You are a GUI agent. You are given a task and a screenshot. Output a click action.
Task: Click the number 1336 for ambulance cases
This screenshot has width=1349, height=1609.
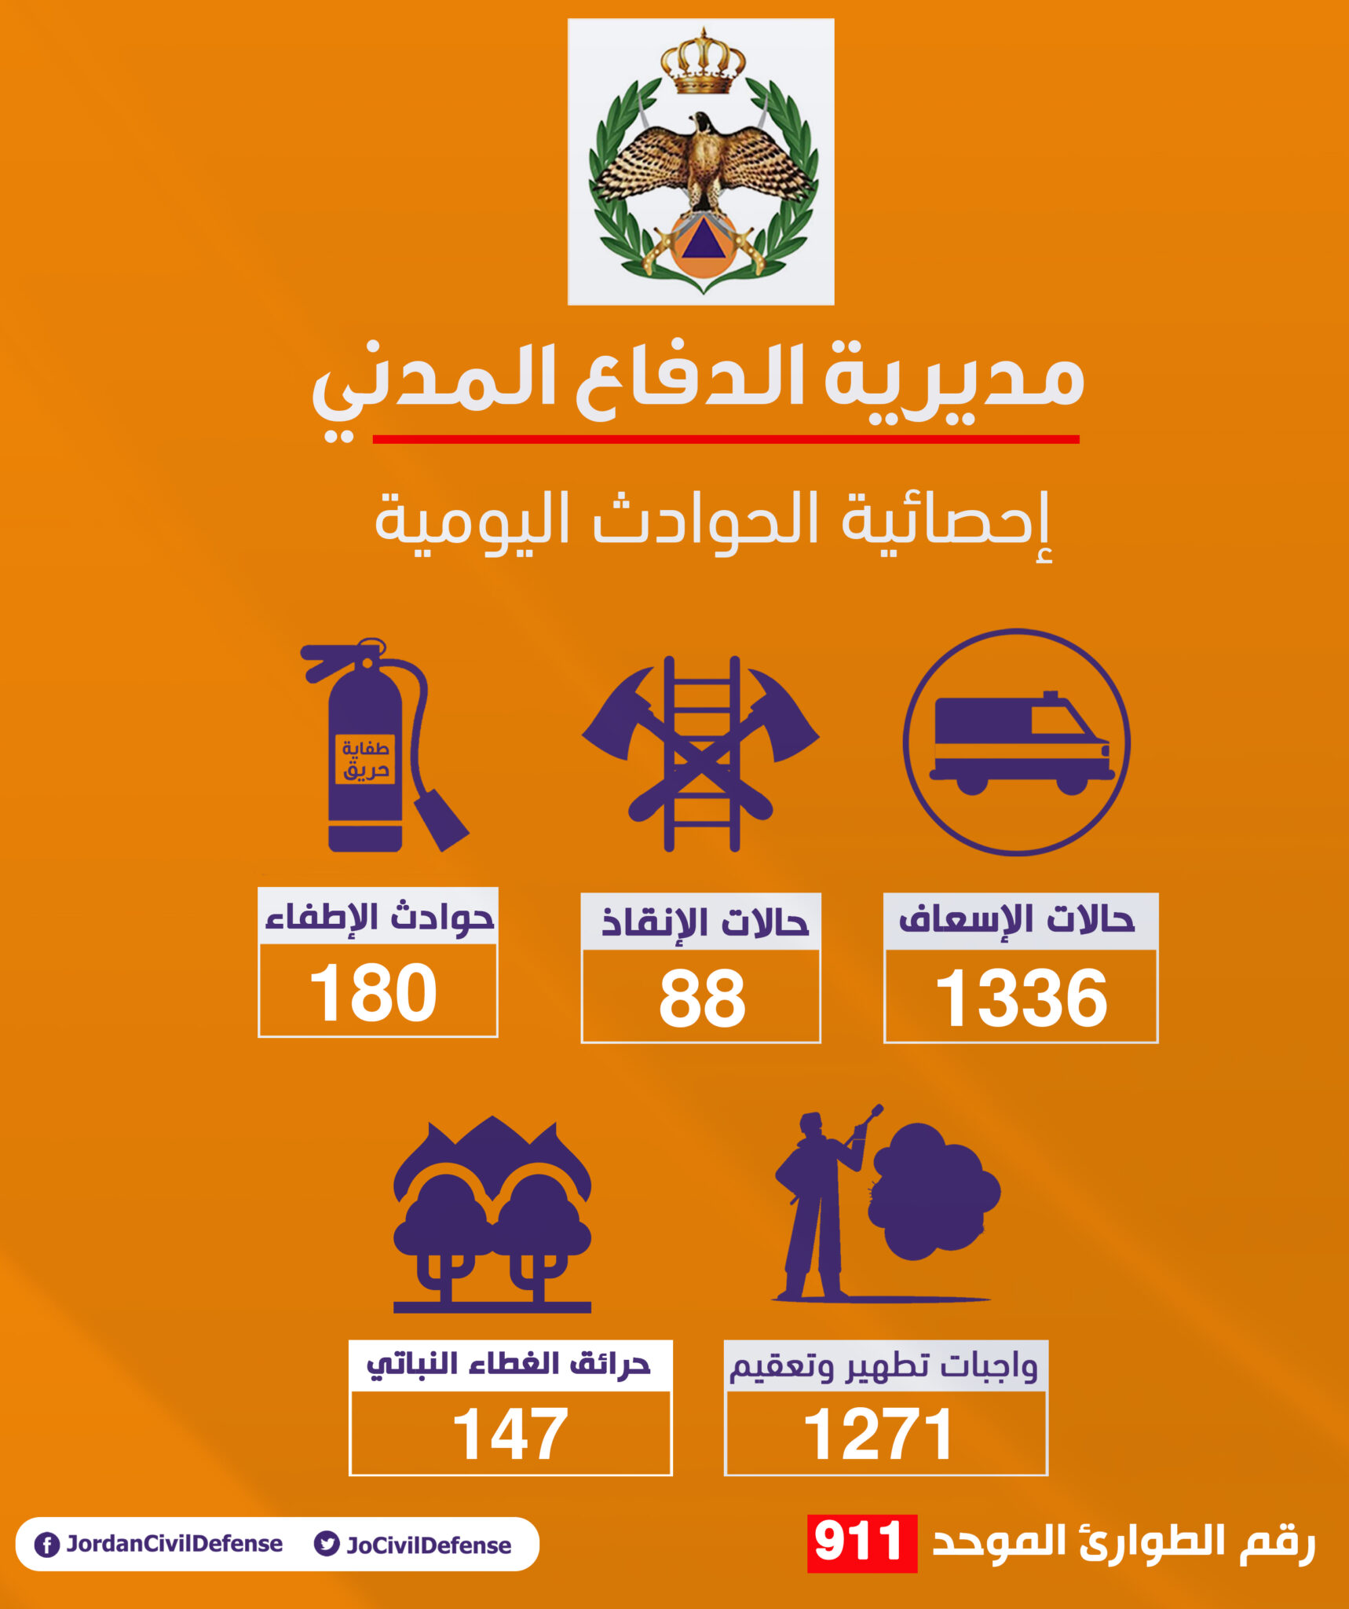click(1021, 998)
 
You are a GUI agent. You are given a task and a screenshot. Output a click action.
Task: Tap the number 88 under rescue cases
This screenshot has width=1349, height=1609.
click(701, 998)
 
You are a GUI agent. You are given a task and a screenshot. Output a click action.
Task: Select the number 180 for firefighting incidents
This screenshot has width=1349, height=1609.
click(374, 993)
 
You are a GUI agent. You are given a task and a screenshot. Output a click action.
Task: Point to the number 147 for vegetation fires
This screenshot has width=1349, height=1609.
click(510, 1434)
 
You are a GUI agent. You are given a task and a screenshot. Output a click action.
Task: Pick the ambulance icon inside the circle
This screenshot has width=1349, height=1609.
click(1016, 742)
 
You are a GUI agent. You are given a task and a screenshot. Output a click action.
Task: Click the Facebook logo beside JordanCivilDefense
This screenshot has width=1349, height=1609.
click(47, 1545)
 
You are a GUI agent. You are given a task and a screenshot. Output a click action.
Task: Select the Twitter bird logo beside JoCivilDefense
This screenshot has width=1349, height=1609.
click(326, 1544)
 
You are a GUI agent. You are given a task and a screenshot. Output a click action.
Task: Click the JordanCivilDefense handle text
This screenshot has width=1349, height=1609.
click(174, 1544)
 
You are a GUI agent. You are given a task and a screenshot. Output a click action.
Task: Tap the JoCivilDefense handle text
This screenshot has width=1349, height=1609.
click(429, 1545)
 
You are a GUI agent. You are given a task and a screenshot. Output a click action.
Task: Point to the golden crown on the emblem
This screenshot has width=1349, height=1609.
click(703, 63)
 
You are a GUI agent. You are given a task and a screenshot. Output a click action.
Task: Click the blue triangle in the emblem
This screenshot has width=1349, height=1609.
click(702, 240)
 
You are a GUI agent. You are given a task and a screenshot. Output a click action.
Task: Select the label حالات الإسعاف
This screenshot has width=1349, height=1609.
click(1018, 920)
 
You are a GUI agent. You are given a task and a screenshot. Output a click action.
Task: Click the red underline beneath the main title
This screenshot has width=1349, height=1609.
click(726, 439)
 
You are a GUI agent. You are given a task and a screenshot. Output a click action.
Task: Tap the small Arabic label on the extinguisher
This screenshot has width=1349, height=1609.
click(365, 759)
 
